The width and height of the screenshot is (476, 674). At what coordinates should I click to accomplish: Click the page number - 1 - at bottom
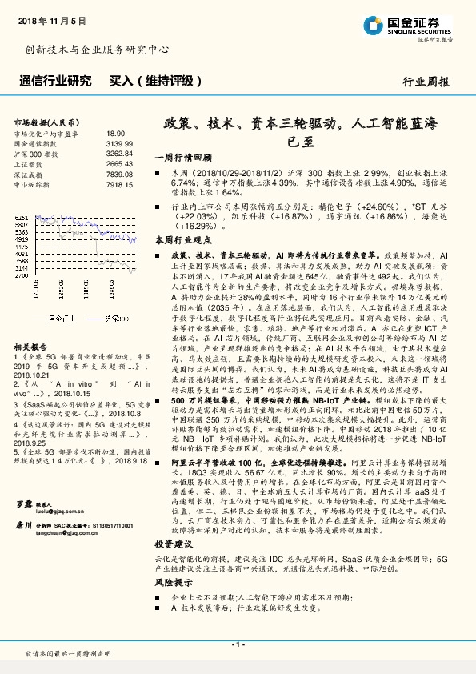pos(238,644)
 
